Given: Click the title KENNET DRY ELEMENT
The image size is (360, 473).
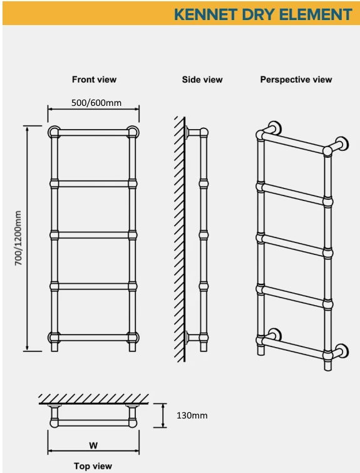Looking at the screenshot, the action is coord(263,14).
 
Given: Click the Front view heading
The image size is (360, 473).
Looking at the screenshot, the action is coord(94,80).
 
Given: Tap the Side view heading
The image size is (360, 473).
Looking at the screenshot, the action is coord(202,80).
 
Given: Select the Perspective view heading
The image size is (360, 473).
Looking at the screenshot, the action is coord(296,80).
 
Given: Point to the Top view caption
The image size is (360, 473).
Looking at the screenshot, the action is coord(93,466).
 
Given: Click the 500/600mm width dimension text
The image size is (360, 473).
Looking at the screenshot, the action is coord(96,103).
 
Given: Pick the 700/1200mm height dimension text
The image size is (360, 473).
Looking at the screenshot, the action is coord(18,238).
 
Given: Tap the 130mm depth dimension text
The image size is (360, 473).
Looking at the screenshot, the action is coord(192,415).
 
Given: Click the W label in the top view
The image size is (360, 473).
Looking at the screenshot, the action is coord(93,445).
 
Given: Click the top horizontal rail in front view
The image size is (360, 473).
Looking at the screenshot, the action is coord(93,133).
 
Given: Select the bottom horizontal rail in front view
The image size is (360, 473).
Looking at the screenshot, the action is coord(93,337).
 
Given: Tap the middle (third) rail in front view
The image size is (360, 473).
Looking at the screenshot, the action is coord(93,235).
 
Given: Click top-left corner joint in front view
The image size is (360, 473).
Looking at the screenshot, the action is coord(54,132).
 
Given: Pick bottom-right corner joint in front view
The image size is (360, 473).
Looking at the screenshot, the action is coord(133,338).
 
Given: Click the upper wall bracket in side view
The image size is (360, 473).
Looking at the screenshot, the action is coord(193,132).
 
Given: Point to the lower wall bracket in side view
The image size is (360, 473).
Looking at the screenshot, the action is coord(193,337).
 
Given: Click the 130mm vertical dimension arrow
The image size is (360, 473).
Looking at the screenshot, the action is coord(163,415).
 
